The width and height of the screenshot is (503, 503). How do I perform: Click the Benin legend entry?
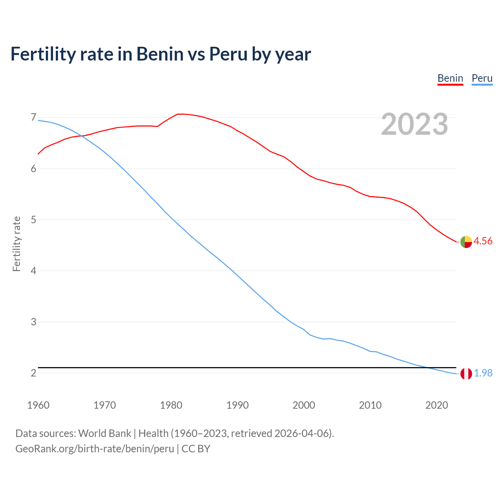(x=450, y=78)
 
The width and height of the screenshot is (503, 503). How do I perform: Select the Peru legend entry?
(x=482, y=78)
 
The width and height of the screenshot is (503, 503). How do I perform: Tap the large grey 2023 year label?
(x=414, y=124)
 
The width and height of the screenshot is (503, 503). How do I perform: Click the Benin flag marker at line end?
(x=466, y=242)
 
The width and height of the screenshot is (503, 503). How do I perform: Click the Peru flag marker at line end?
(x=466, y=374)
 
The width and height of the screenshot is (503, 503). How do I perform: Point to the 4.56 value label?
(x=483, y=241)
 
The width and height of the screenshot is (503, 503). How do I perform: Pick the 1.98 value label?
(x=483, y=373)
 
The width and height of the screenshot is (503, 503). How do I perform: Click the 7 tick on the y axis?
(x=33, y=117)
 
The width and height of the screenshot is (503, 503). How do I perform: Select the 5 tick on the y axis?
(x=33, y=220)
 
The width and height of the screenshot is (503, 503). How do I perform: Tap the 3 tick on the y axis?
(x=33, y=322)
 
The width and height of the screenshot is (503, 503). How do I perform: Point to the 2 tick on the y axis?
(x=33, y=373)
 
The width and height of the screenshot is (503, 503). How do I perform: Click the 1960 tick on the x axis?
(x=38, y=405)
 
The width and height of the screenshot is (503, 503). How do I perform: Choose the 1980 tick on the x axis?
(x=171, y=405)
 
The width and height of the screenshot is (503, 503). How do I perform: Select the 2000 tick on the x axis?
(x=304, y=405)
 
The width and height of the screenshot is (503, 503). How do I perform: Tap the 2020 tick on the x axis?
(x=437, y=405)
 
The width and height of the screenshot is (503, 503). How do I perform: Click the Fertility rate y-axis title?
(x=17, y=244)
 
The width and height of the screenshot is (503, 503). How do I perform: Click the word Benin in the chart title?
(x=160, y=54)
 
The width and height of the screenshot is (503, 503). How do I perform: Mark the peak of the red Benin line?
(x=180, y=114)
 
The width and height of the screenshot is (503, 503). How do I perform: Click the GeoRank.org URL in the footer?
(x=95, y=448)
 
